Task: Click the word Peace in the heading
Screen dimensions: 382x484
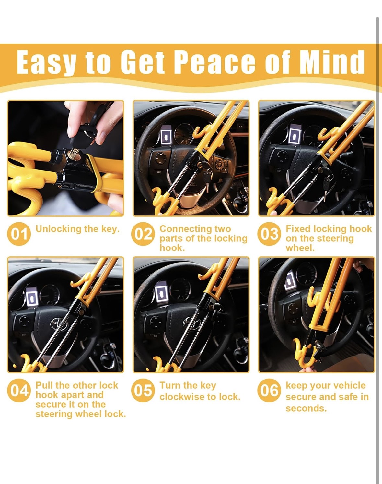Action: click(x=214, y=62)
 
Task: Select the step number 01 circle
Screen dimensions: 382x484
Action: click(x=19, y=234)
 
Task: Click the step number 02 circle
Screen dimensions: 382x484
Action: click(x=143, y=234)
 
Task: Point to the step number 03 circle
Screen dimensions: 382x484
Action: click(x=269, y=234)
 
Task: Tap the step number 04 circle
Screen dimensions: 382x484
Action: click(x=19, y=390)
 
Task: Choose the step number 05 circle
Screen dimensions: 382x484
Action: click(x=143, y=390)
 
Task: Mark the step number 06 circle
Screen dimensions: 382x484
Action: click(x=269, y=390)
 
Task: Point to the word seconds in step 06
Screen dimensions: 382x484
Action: click(x=306, y=408)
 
